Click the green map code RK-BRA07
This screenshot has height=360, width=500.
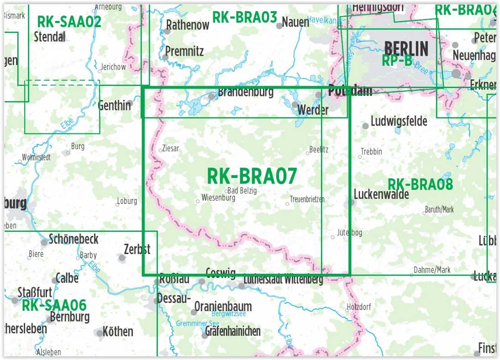tap(252, 176)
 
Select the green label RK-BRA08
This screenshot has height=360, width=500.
tap(420, 184)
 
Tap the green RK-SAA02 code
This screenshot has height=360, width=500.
tap(69, 21)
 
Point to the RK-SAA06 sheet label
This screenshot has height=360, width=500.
tap(54, 305)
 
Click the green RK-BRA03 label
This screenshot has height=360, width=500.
tap(245, 18)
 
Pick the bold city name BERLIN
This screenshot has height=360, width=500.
tap(406, 48)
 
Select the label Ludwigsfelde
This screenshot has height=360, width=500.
tap(399, 121)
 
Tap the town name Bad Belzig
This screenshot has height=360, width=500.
tap(242, 191)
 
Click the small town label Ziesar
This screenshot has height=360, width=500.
tap(171, 149)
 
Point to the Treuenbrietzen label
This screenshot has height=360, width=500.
tap(307, 199)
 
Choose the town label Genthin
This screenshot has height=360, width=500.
tap(114, 105)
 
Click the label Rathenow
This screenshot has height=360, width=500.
tap(188, 25)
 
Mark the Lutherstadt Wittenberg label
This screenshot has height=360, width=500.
tap(283, 279)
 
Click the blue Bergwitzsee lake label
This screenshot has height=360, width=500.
tap(229, 314)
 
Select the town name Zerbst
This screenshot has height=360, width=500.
tap(137, 249)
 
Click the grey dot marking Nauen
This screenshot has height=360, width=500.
tap(279, 26)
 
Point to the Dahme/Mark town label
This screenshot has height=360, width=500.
tap(432, 270)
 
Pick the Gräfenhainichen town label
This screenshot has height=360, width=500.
tap(233, 331)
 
